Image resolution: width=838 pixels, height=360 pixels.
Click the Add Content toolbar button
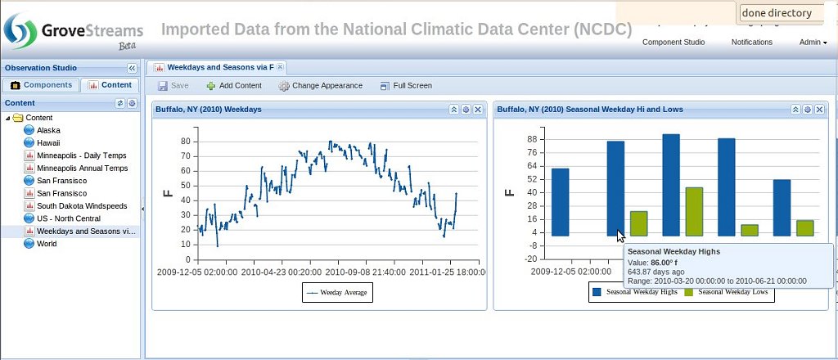pos(234,85)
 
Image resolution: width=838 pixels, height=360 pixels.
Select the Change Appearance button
pos(320,85)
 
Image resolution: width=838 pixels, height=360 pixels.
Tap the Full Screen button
pos(406,85)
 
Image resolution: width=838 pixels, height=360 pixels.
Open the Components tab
pos(42,85)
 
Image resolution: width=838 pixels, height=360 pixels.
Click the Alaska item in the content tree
pos(48,130)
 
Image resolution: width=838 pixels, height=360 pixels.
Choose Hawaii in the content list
pos(48,142)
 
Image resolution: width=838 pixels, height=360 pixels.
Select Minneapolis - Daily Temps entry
pos(82,155)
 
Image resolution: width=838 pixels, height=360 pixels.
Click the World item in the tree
pos(47,243)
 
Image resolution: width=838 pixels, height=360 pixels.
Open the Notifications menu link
pos(751,42)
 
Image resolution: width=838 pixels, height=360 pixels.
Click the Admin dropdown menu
pos(813,42)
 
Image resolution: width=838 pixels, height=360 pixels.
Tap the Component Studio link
pos(673,42)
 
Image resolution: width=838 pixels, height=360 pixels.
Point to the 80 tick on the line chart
pos(185,141)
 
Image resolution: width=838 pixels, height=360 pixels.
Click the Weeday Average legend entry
pos(337,292)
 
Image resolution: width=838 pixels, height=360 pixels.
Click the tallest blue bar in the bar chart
pos(671,185)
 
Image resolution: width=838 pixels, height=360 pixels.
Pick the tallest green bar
pos(694,211)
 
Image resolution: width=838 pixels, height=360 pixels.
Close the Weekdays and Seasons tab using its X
pos(280,67)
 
